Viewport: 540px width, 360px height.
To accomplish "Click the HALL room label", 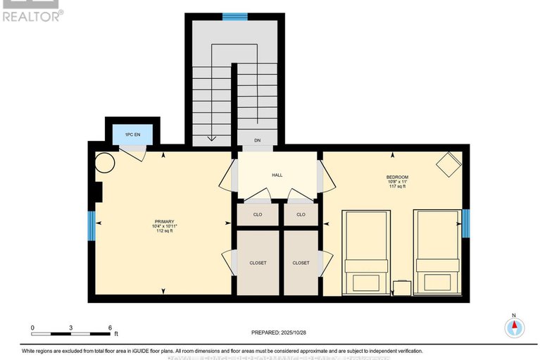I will coord(277,175).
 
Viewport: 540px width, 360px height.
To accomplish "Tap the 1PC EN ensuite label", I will coord(132,134).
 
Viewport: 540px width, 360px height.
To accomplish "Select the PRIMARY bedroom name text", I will coord(164,221).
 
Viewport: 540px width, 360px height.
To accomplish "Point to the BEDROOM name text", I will coord(397,177).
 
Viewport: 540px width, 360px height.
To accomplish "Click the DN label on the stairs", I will coord(258,140).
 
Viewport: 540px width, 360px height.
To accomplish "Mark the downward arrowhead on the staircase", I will coord(211,139).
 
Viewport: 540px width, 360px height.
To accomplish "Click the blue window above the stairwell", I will coord(234,17).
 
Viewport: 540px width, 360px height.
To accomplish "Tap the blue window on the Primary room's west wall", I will coord(91,225).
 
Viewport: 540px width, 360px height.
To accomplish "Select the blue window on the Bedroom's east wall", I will coord(465,224).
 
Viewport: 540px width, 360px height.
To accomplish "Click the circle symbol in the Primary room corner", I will coord(106,163).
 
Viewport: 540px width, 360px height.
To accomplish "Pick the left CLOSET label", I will coord(258,263).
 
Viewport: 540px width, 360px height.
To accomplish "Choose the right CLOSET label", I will coord(301,263).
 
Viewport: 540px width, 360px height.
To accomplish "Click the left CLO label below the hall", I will coord(258,214).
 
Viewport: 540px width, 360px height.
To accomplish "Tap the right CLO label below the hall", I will coord(301,214).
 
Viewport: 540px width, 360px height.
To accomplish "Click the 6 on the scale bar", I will coord(110,328).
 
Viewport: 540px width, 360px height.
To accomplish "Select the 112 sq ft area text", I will coord(164,231).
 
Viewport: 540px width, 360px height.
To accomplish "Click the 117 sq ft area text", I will coord(397,187).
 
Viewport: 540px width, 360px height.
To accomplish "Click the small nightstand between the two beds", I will coord(402,288).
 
